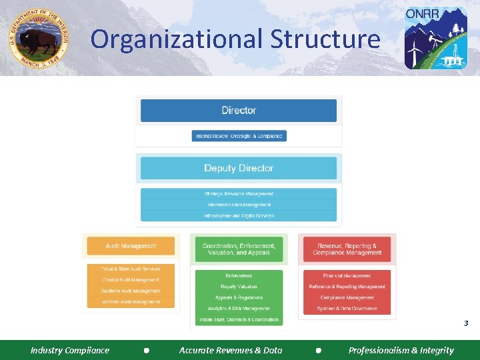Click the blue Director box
(239, 110)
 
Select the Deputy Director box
(239, 168)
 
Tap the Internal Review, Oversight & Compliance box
(239, 136)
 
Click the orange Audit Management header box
(131, 246)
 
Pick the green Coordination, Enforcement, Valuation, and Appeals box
(239, 249)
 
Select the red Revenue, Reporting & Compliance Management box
(347, 249)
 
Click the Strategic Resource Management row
(239, 194)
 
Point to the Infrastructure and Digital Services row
(239, 216)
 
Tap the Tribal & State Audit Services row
(131, 269)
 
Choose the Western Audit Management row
(131, 302)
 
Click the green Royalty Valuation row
(239, 287)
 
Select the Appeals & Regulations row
(239, 297)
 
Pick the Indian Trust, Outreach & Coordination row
(239, 320)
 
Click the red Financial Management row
(347, 275)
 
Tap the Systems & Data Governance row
(347, 309)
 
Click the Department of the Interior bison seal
(38, 39)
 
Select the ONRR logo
(436, 38)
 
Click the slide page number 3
(466, 323)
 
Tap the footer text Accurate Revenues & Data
(231, 350)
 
